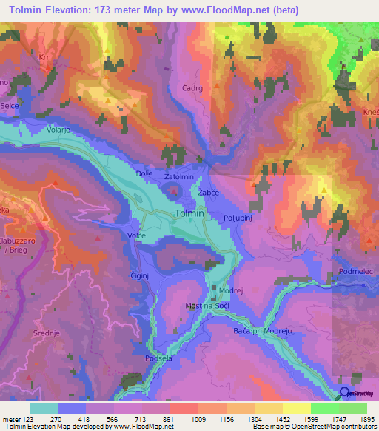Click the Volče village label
pyautogui.click(x=137, y=235)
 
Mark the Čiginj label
pyautogui.click(x=140, y=273)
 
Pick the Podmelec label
pyautogui.click(x=356, y=272)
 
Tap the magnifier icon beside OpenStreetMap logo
pyautogui.click(x=345, y=394)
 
